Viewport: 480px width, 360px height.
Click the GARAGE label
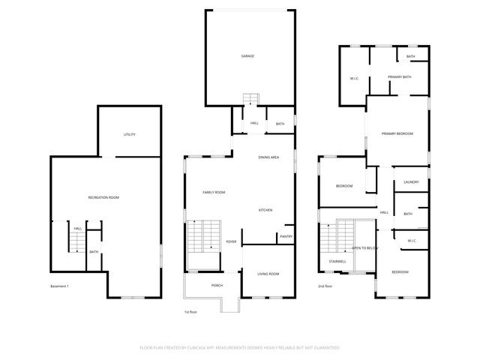pyautogui.click(x=247, y=56)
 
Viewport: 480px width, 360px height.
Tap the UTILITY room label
pyautogui.click(x=129, y=134)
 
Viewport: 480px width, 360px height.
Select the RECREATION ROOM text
pyautogui.click(x=103, y=197)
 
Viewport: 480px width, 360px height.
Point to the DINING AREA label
pyautogui.click(x=268, y=157)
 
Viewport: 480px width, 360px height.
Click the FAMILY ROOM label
pyautogui.click(x=214, y=193)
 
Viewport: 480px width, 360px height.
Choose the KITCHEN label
pyautogui.click(x=265, y=210)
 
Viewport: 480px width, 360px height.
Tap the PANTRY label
pyautogui.click(x=286, y=236)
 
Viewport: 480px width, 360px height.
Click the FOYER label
pyautogui.click(x=232, y=241)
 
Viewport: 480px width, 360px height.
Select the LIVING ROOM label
pyautogui.click(x=268, y=274)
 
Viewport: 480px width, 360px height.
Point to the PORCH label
pyautogui.click(x=217, y=285)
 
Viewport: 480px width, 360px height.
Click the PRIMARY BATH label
pyautogui.click(x=399, y=77)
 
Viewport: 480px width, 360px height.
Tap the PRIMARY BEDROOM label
pyautogui.click(x=397, y=133)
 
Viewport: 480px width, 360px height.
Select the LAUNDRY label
pyautogui.click(x=410, y=181)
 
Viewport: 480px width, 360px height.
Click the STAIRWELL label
pyautogui.click(x=337, y=261)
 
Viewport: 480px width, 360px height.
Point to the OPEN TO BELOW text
pyautogui.click(x=365, y=247)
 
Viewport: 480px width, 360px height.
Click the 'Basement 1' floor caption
pyautogui.click(x=60, y=286)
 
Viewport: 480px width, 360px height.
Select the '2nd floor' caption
pyautogui.click(x=325, y=286)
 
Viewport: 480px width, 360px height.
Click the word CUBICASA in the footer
pyautogui.click(x=214, y=348)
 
